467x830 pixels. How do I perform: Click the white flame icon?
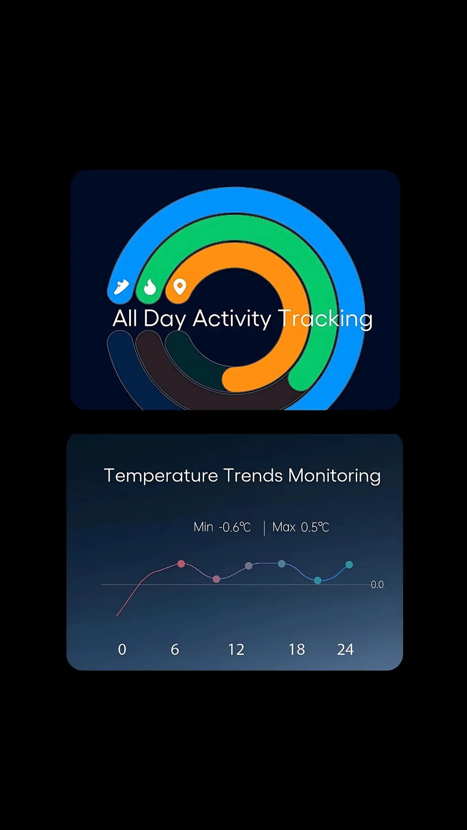[x=150, y=287]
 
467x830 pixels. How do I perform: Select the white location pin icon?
[x=179, y=286]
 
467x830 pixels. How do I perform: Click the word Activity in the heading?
[x=231, y=319]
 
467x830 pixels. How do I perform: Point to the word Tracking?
[x=325, y=319]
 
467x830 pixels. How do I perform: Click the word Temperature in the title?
[x=161, y=476]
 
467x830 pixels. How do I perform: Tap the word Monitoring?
[x=334, y=476]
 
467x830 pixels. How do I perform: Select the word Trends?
[x=253, y=476]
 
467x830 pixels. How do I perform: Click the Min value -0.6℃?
[x=235, y=527]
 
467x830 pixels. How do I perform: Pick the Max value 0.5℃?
[x=315, y=527]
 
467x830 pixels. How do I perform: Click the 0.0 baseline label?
[x=377, y=584]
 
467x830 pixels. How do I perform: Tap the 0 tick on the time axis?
[x=122, y=649]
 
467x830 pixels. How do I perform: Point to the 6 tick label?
[x=175, y=649]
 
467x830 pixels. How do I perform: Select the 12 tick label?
[x=236, y=649]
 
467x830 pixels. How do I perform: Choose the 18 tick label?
[x=297, y=649]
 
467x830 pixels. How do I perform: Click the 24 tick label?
[x=345, y=649]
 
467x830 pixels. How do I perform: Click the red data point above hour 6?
[x=181, y=564]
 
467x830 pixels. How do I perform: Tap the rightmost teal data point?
[x=349, y=565]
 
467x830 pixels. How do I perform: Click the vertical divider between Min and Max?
[x=264, y=528]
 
